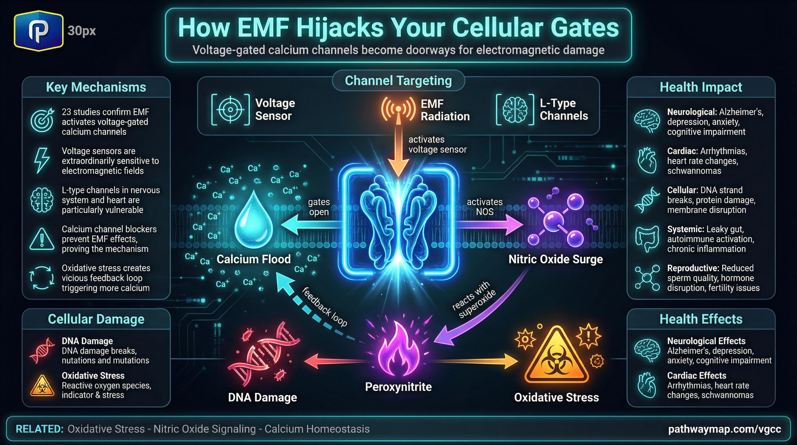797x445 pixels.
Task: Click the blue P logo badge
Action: pyautogui.click(x=39, y=30)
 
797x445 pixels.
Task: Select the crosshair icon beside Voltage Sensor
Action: pyautogui.click(x=230, y=110)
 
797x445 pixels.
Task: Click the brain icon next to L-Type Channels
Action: pyautogui.click(x=515, y=110)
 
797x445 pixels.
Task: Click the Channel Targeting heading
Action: pyautogui.click(x=398, y=81)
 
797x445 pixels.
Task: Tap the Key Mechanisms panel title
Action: pyautogui.click(x=96, y=87)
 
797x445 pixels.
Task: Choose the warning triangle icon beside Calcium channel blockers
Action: pyautogui.click(x=42, y=239)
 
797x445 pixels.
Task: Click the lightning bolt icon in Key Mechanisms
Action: pyautogui.click(x=42, y=160)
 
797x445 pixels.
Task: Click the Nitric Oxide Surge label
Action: pyautogui.click(x=556, y=259)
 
